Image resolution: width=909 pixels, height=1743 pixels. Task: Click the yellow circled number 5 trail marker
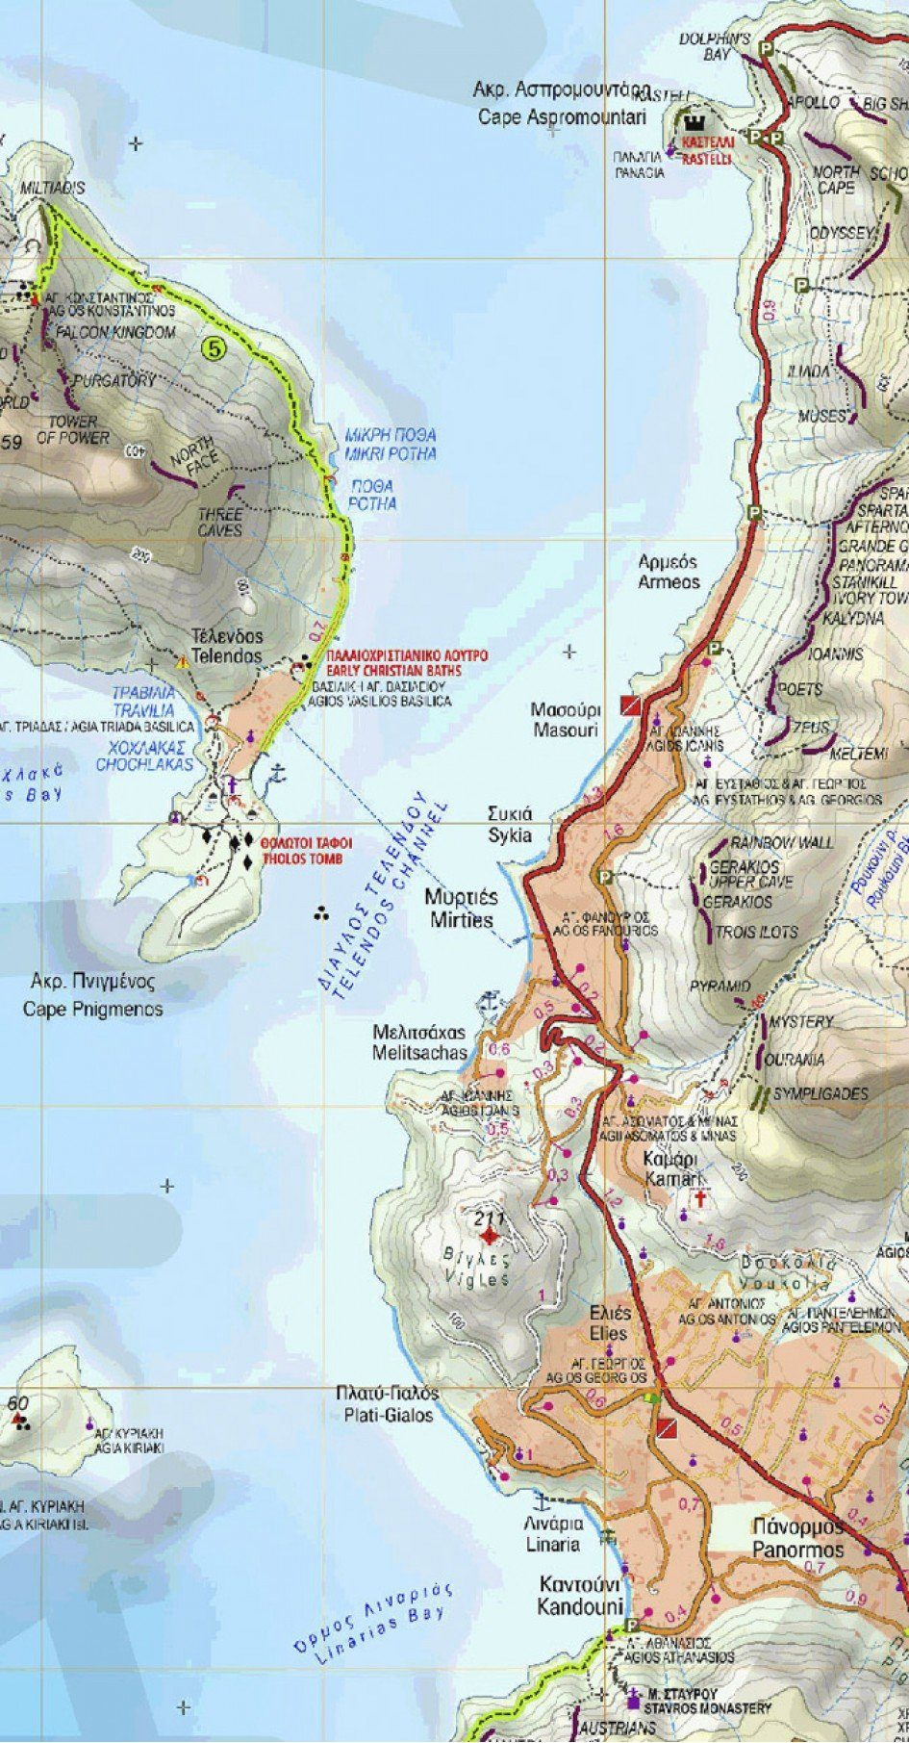point(213,348)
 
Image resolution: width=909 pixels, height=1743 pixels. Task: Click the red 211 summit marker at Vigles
point(491,1235)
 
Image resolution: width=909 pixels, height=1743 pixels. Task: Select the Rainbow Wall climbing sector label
point(781,842)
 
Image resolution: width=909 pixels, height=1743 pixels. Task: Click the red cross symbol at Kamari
point(701,1199)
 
